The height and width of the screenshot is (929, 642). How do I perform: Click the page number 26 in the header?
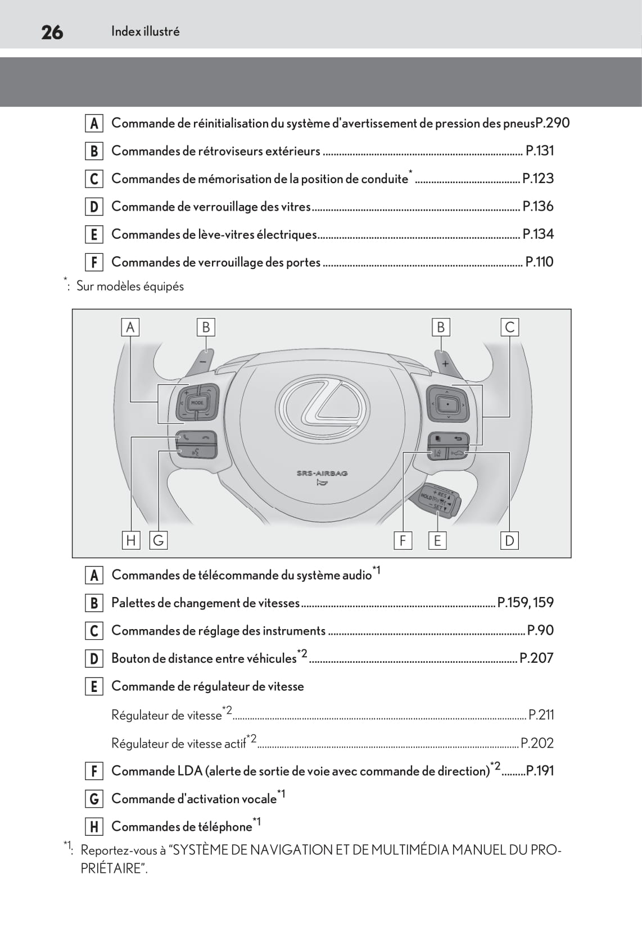tap(52, 32)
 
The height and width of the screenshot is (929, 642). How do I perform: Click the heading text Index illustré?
tap(145, 31)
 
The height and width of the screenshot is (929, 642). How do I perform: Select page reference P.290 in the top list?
tap(552, 123)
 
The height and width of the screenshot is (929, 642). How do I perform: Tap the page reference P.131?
tap(539, 151)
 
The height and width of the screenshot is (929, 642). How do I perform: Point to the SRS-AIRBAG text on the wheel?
tap(322, 473)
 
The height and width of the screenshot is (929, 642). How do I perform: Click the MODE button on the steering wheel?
tap(197, 403)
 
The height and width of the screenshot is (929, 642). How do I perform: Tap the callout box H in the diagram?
tap(131, 540)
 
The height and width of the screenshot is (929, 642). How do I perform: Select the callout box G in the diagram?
tap(159, 540)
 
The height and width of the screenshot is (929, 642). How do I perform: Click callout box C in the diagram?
tap(509, 327)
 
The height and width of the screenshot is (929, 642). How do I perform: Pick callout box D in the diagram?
tap(509, 540)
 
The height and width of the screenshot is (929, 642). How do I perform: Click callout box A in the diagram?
tap(130, 327)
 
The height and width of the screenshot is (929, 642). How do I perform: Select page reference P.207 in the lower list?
tap(536, 658)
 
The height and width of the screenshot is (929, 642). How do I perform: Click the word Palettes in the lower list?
tap(133, 603)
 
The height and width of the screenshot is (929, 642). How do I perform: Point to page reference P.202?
tap(537, 743)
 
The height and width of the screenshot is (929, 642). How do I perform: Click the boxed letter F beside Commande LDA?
tap(94, 771)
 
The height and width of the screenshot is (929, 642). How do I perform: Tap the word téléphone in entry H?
tap(225, 826)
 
